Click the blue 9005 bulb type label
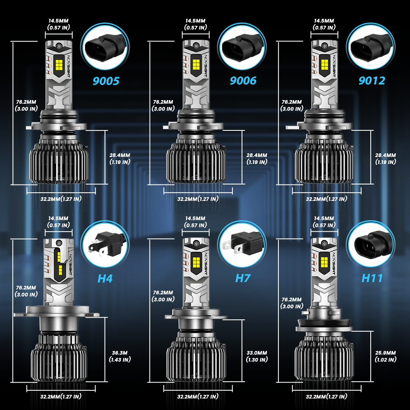(106, 81)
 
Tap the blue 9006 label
(243, 80)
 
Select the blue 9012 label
(372, 80)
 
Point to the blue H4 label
(105, 278)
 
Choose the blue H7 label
(243, 278)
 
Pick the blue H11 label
(372, 278)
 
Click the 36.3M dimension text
(120, 353)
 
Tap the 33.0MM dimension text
(257, 353)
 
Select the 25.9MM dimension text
(386, 353)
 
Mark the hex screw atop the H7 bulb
(196, 243)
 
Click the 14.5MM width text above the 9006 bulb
(195, 20)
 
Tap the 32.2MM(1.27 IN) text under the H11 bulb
(326, 396)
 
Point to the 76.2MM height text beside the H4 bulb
(26, 288)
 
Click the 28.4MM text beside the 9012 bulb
(386, 155)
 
